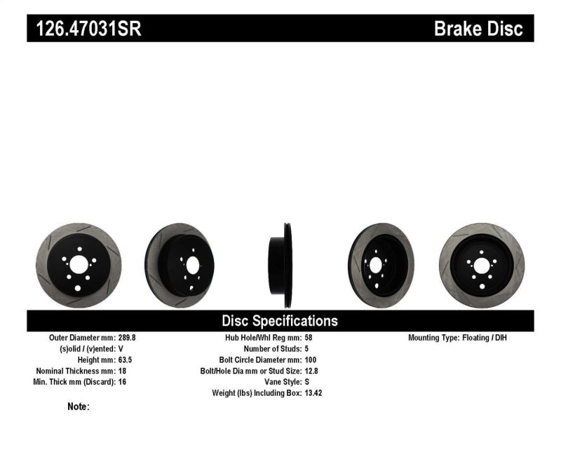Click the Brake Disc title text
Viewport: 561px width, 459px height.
click(x=478, y=29)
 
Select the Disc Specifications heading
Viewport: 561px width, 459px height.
click(x=280, y=321)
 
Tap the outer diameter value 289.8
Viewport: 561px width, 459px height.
click(x=127, y=338)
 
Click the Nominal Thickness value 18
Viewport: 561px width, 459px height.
click(x=122, y=371)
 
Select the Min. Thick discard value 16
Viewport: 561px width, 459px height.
click(x=122, y=382)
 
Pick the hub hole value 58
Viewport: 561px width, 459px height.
click(x=309, y=338)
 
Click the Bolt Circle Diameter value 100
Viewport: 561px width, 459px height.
click(x=311, y=359)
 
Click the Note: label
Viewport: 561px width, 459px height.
click(x=79, y=406)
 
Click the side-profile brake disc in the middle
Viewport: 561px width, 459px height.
click(x=280, y=264)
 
